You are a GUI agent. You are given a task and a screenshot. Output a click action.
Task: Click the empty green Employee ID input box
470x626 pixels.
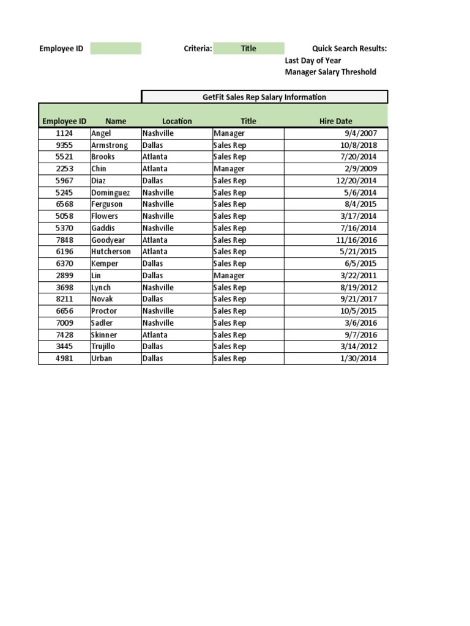coord(115,48)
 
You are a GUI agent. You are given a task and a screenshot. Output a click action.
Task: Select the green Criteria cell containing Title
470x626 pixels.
coord(248,48)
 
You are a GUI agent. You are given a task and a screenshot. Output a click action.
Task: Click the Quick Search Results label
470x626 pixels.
coord(349,48)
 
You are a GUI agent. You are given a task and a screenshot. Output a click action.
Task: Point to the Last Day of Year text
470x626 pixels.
coord(313,61)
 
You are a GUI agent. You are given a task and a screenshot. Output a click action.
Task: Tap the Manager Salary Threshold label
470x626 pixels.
coord(330,72)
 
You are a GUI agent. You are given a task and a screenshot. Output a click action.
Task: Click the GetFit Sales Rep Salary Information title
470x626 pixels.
coord(264,97)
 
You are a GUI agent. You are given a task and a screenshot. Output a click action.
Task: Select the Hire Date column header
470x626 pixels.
coord(335,121)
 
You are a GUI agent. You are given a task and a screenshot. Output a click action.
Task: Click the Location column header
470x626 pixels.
coord(177,121)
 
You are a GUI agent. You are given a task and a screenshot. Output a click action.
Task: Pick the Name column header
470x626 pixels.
coord(116,121)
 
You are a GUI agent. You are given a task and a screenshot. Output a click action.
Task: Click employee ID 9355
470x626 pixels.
coord(64,145)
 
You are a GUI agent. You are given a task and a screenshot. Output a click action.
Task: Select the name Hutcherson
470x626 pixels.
coord(111,251)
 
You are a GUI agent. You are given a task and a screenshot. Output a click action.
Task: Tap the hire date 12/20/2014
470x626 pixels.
coord(357,180)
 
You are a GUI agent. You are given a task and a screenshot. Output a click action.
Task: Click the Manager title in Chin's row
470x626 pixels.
coord(229,169)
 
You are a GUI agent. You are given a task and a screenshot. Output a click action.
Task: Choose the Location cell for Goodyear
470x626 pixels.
coord(155,240)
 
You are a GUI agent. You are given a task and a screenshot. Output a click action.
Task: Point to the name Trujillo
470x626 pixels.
coord(103,346)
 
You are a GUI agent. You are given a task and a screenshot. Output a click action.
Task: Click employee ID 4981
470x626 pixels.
coord(64,358)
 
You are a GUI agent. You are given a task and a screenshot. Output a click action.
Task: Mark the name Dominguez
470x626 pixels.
coord(110,192)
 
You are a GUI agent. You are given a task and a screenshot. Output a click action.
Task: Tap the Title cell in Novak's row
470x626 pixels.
coord(229,299)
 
